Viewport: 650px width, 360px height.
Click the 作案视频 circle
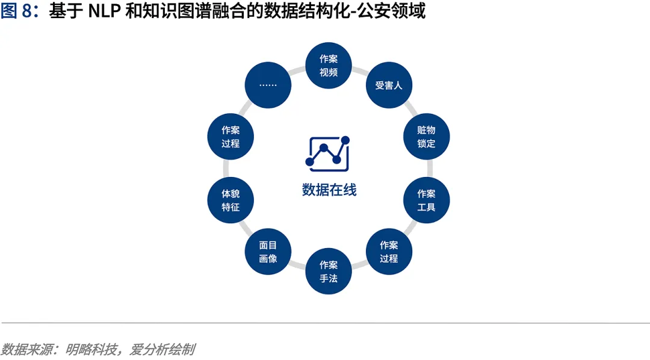[x=329, y=66]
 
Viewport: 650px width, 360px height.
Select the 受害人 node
[x=389, y=85]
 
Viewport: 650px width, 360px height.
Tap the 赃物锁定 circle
[x=426, y=137]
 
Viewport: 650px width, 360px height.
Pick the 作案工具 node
[x=426, y=200]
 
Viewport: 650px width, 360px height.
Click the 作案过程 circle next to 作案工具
[x=389, y=252]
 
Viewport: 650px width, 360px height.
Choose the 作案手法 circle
[x=329, y=272]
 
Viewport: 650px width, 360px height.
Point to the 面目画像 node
[x=268, y=252]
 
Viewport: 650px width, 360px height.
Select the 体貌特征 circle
[x=231, y=200]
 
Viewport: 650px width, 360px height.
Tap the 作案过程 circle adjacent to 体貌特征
[x=231, y=137]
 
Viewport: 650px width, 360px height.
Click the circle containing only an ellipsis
[x=268, y=85]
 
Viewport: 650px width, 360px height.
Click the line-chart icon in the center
[x=328, y=151]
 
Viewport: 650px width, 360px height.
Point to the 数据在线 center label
[x=329, y=190]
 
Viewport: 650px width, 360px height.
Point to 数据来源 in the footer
[x=22, y=349]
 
